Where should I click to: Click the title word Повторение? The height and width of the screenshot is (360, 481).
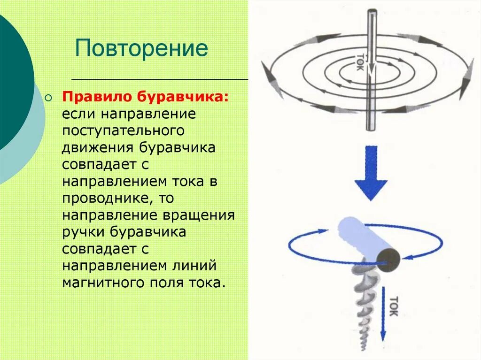141,49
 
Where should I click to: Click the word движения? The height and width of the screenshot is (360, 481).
98,147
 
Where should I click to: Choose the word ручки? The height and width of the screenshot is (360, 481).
84,232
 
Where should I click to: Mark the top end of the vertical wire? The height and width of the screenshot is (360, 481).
372,11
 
